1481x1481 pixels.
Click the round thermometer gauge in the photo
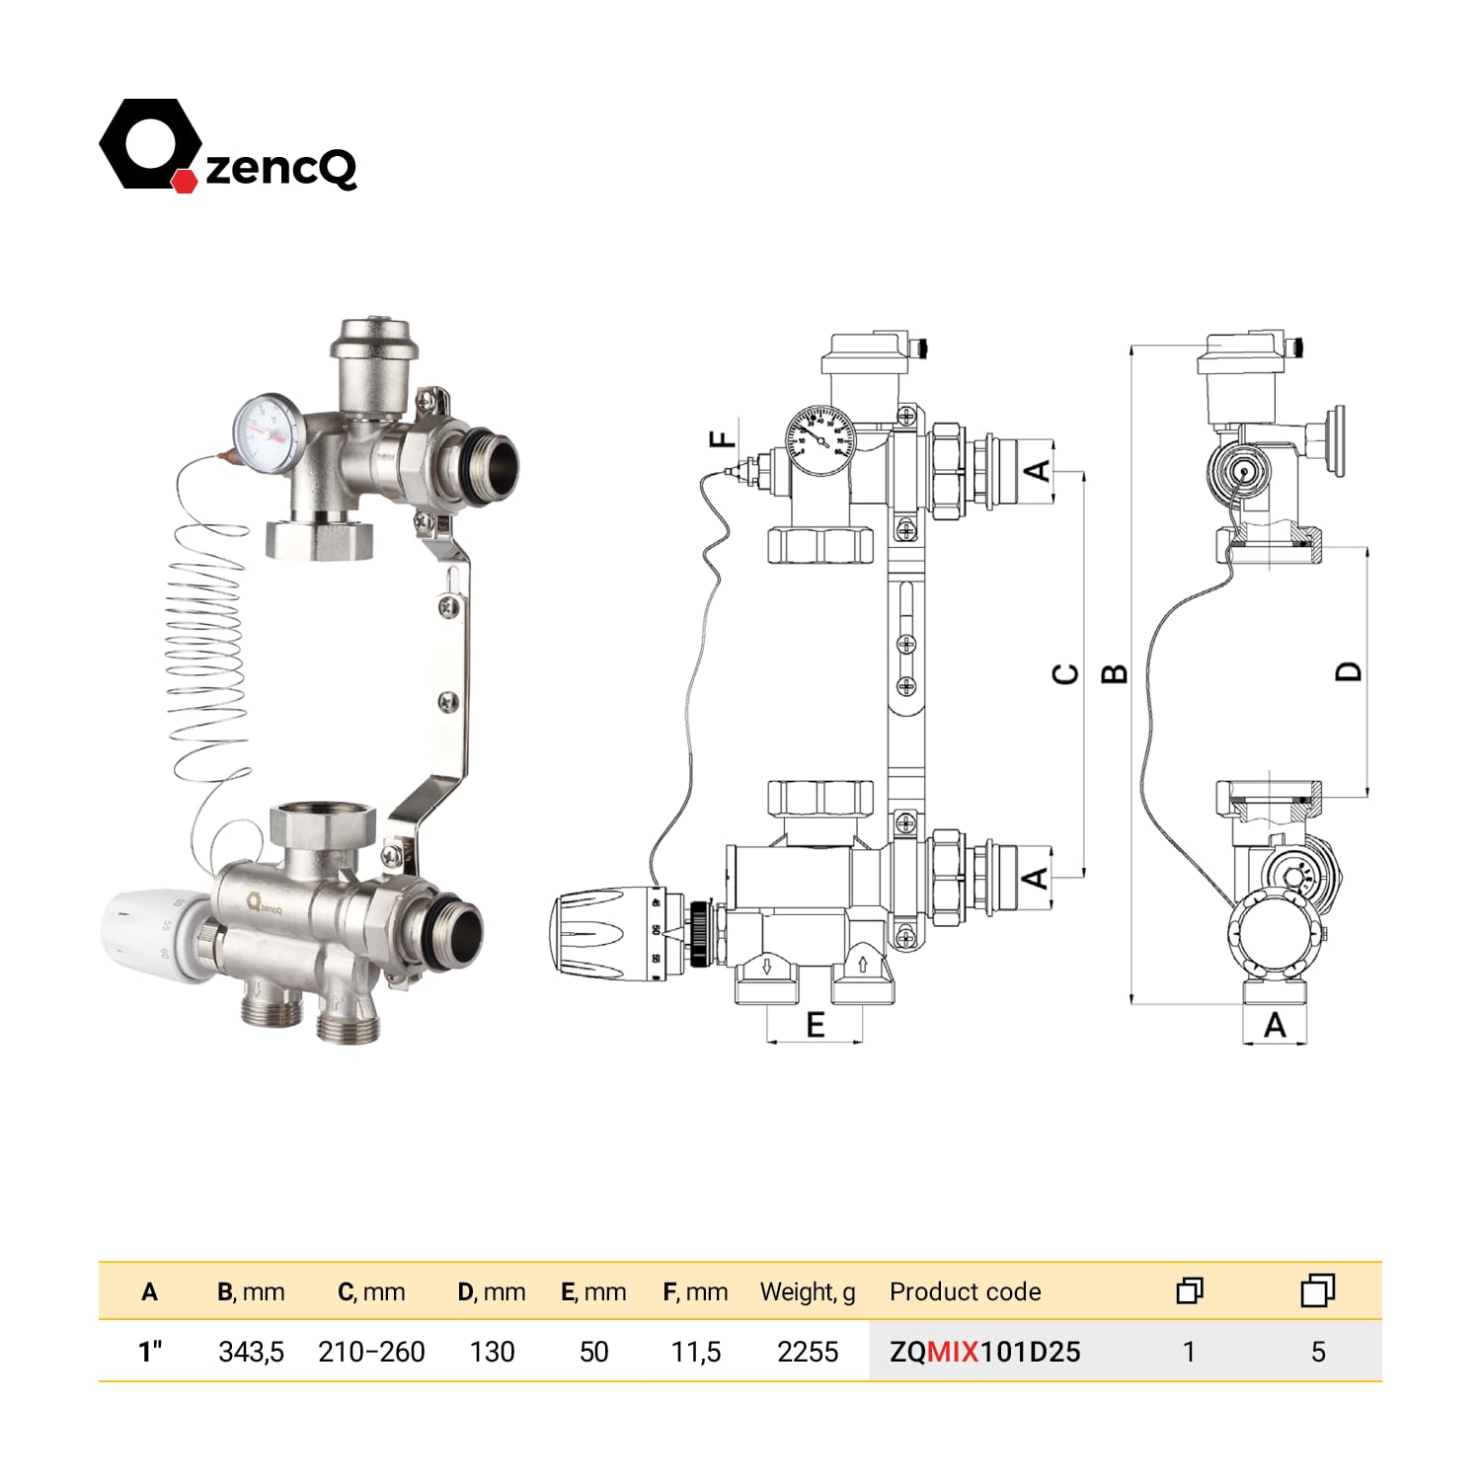point(266,428)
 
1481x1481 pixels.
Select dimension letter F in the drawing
point(723,438)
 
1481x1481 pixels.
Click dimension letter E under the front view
point(815,1025)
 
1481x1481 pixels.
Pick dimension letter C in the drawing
point(1065,674)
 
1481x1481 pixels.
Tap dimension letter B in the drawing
point(1113,674)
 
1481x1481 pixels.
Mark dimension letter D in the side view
point(1348,671)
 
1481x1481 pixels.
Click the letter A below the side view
point(1275,1026)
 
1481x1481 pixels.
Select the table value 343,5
point(251,1352)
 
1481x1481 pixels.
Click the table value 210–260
point(371,1352)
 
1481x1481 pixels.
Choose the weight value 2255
point(807,1352)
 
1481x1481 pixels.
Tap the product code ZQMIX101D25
point(984,1352)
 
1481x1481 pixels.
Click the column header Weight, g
point(807,1291)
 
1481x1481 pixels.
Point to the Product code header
point(965,1291)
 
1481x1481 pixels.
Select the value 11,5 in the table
point(695,1352)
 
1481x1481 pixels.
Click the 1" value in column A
point(149,1352)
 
